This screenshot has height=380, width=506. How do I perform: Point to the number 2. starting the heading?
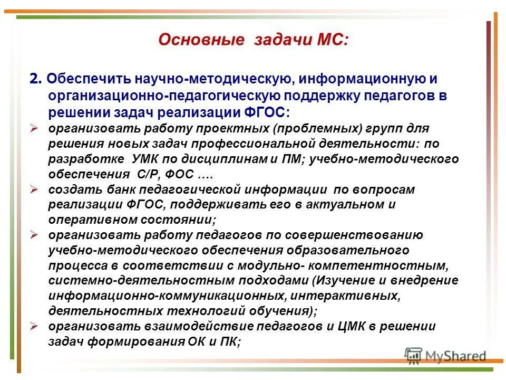click(35, 79)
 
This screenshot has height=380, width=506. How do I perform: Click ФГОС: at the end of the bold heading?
click(265, 113)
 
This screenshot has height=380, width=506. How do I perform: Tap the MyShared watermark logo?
click(445, 356)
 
